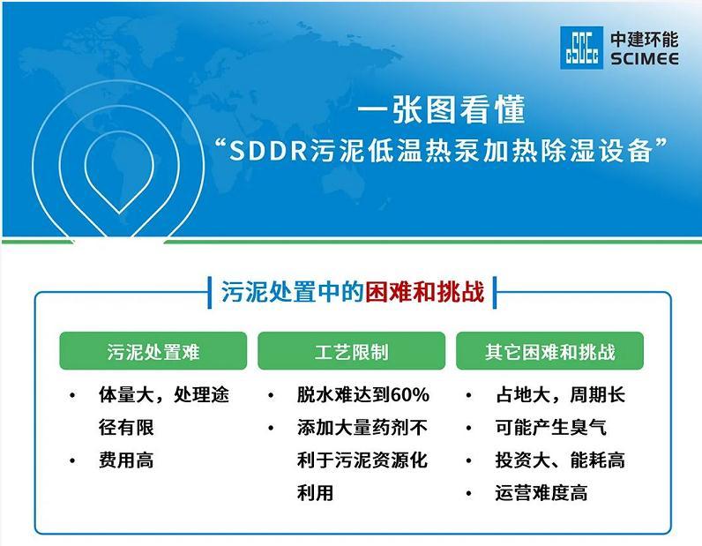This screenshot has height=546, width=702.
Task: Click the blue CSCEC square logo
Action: tap(581, 48)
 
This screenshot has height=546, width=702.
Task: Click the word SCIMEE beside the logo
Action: tap(645, 59)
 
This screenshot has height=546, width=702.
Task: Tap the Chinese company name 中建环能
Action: tap(645, 40)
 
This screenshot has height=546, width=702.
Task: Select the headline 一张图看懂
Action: tap(441, 109)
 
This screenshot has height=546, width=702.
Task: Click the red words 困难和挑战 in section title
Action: tap(424, 292)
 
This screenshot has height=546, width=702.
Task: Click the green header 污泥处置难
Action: tap(153, 352)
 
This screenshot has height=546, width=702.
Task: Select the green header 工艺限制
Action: tap(352, 352)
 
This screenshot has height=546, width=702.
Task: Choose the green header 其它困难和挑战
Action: tap(549, 352)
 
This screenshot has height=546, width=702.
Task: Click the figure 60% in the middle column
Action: tap(410, 395)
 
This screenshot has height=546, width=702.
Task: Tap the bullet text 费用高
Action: tap(126, 460)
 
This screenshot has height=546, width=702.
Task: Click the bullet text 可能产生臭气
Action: tap(550, 427)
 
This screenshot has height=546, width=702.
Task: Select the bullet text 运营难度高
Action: tap(541, 493)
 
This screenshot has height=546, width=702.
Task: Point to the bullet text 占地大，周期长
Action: tap(560, 395)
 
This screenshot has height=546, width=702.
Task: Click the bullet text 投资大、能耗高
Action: tap(560, 460)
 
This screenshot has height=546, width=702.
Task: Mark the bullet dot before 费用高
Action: tap(72, 461)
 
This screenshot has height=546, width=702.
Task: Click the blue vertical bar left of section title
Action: tap(210, 293)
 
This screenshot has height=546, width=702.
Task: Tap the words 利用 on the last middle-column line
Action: tap(315, 493)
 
